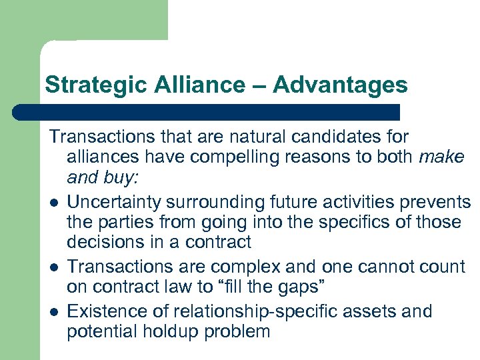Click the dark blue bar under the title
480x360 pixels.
click(207, 111)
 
